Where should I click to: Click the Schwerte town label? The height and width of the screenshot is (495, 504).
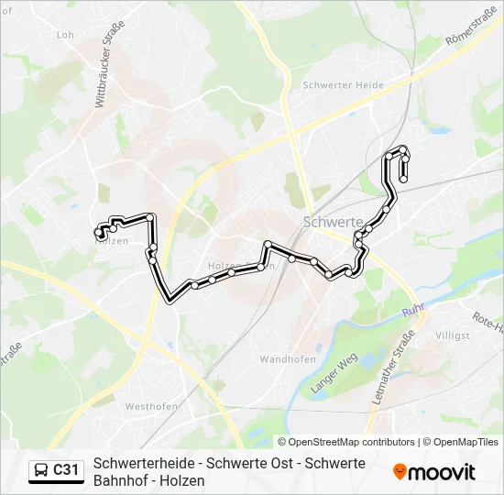pyautogui.click(x=333, y=223)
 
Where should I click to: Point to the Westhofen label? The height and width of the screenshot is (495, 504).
pyautogui.click(x=150, y=406)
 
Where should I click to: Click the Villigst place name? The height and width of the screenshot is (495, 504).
pyautogui.click(x=453, y=336)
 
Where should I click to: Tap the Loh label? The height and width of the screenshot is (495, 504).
pyautogui.click(x=65, y=35)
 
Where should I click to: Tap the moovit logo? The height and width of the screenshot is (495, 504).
pyautogui.click(x=434, y=472)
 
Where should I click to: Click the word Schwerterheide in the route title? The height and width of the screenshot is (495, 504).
pyautogui.click(x=138, y=463)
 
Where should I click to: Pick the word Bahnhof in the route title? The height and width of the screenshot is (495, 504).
pyautogui.click(x=121, y=480)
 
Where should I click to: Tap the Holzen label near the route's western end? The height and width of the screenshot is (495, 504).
pyautogui.click(x=111, y=241)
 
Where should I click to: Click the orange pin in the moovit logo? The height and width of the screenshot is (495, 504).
pyautogui.click(x=400, y=472)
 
